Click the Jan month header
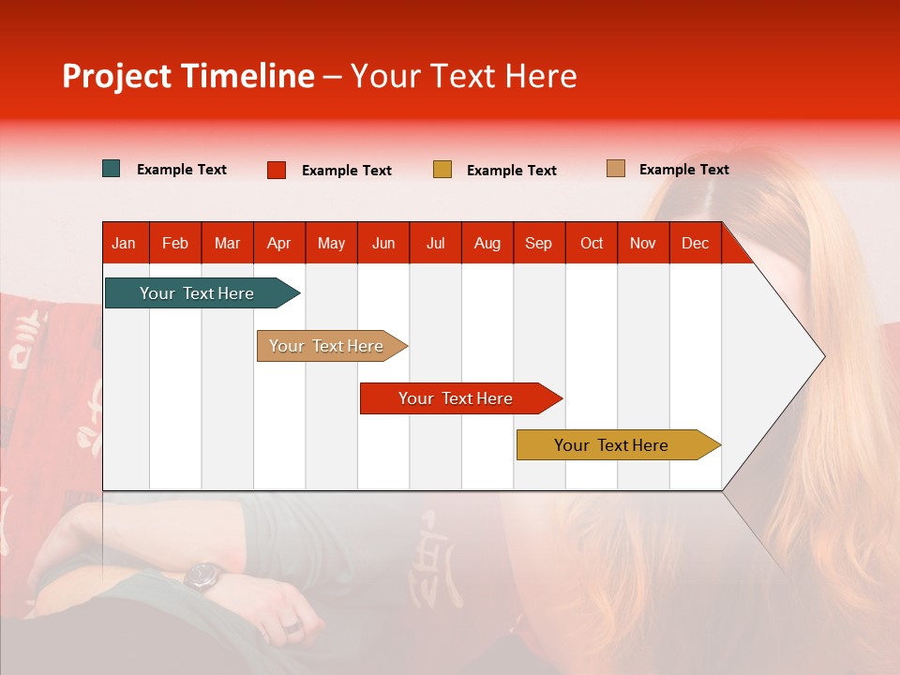125,243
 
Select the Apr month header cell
279,243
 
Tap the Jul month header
435,243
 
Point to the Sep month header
539,243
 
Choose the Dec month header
695,243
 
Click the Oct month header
592,243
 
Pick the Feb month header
175,243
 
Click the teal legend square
112,169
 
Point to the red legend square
277,170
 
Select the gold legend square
442,170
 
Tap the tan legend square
615,169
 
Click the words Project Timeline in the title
188,76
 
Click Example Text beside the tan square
683,170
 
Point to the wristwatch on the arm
202,576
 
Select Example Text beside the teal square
182,170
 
